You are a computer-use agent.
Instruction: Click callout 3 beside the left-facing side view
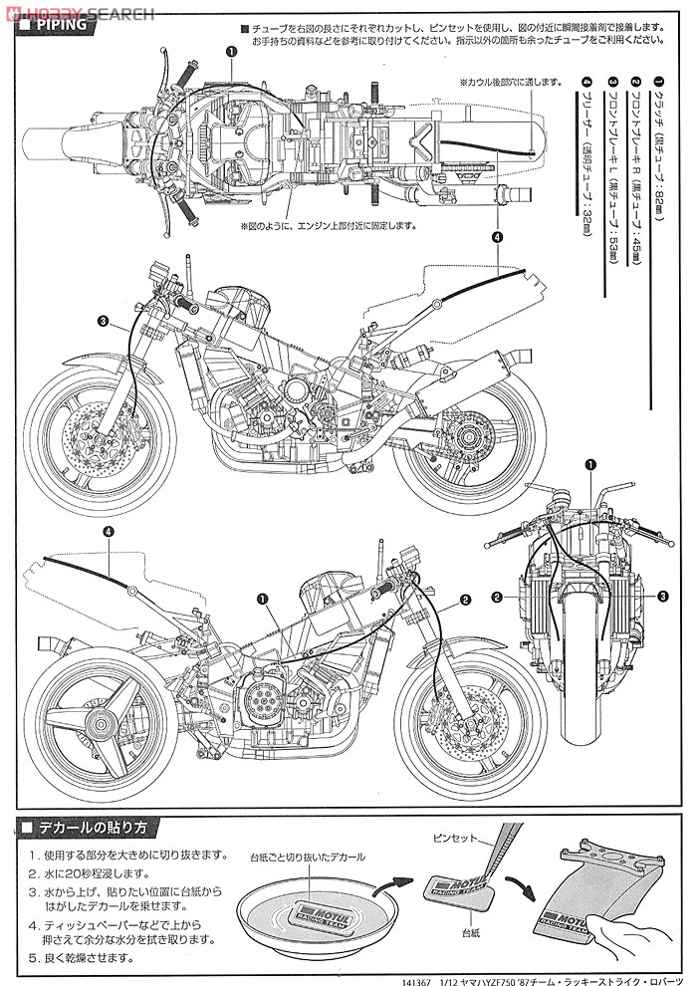pyautogui.click(x=103, y=321)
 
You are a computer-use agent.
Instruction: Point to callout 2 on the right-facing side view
pyautogui.click(x=465, y=601)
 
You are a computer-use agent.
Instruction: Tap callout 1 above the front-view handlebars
pyautogui.click(x=589, y=465)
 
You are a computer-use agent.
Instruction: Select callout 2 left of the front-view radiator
pyautogui.click(x=495, y=597)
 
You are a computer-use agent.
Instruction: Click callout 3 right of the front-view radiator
pyautogui.click(x=661, y=596)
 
